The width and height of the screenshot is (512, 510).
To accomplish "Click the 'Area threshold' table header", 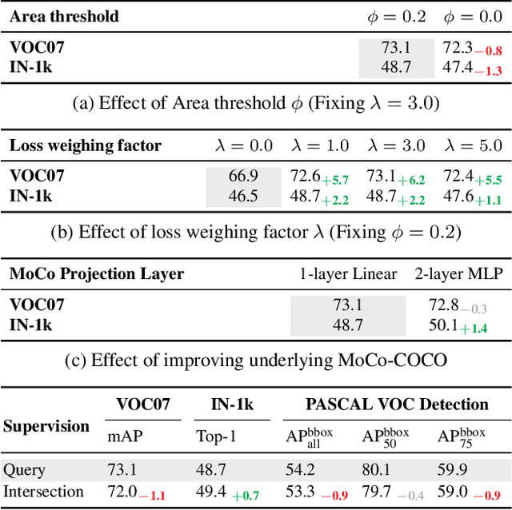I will tap(64, 16).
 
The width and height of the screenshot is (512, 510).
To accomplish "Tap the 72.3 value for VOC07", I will tap(458, 48).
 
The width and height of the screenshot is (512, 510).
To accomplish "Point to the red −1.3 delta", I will tap(489, 71).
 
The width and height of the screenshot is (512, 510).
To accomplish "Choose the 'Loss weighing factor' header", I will tap(86, 145).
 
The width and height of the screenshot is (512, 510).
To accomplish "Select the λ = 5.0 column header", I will tap(472, 145).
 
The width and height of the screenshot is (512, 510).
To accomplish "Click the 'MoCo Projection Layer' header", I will tap(97, 274).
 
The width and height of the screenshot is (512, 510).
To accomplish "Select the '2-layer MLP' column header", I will tap(458, 274).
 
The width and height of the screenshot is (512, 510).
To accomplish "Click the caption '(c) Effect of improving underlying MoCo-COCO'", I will tap(256, 360).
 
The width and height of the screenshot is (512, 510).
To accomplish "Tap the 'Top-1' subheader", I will tap(214, 436).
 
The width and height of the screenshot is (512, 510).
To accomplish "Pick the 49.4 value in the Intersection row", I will tap(211, 491).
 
